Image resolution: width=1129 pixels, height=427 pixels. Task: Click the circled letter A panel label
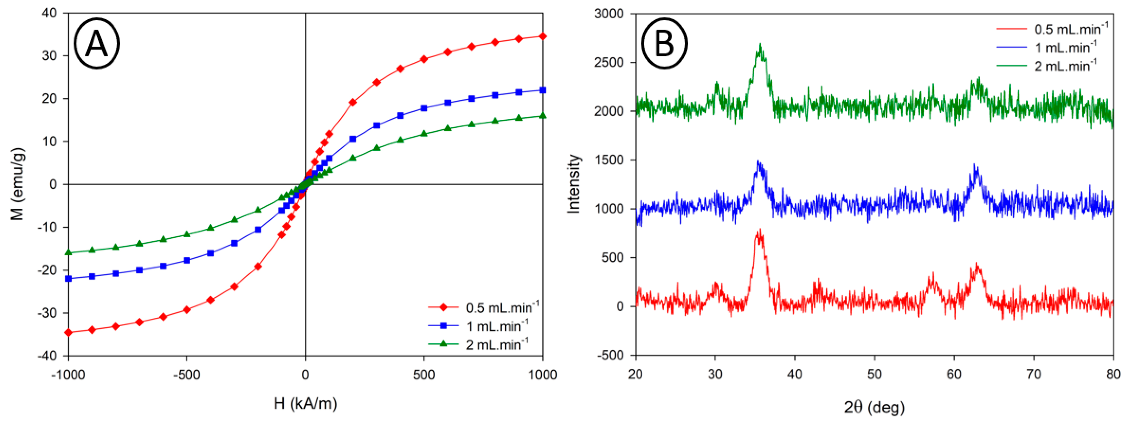[96, 43]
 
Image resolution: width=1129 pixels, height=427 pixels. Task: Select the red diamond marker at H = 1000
[542, 36]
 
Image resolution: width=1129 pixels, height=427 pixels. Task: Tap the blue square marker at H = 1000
[542, 90]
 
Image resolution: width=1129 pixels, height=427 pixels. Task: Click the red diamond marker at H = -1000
[68, 332]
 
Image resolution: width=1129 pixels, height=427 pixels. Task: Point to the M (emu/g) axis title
[17, 184]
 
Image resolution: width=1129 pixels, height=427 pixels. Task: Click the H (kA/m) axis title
[306, 403]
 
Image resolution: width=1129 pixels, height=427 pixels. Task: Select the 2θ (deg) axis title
[874, 407]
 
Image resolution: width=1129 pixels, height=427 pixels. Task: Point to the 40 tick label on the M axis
[49, 13]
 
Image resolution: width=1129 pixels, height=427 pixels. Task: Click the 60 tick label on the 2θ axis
[954, 374]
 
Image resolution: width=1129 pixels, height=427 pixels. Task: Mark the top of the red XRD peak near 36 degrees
[759, 230]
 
